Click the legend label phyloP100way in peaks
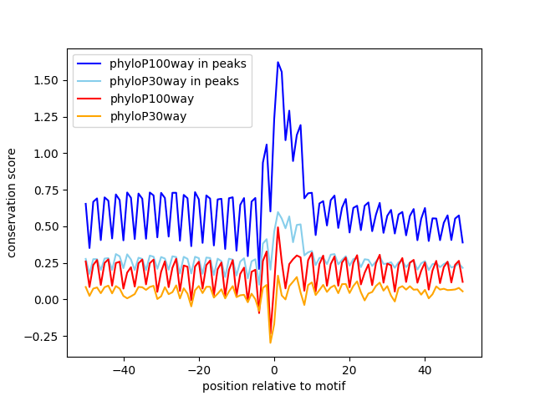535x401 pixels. (x=172, y=63)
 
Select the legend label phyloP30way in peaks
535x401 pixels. (x=174, y=81)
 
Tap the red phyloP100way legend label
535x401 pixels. (x=151, y=99)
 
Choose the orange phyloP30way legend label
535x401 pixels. (x=148, y=116)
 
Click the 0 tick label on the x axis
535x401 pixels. (x=274, y=369)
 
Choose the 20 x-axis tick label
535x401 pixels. (x=349, y=369)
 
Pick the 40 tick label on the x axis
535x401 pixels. (x=425, y=369)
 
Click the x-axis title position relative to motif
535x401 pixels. (x=273, y=386)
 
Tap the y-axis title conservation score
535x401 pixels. (x=13, y=203)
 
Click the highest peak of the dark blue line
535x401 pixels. (x=278, y=62)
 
